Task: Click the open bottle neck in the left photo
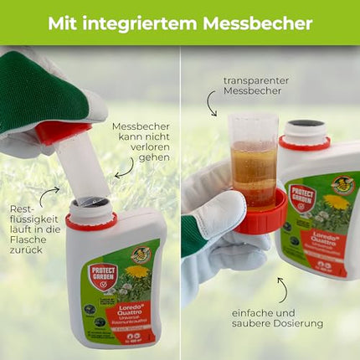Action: click(90, 205)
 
